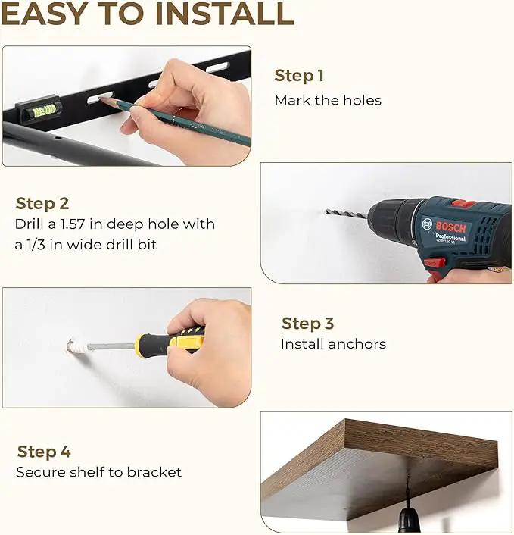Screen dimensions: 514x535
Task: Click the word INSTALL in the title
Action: (x=225, y=14)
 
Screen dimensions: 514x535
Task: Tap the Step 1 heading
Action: (x=299, y=76)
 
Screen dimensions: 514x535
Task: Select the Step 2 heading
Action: (x=42, y=204)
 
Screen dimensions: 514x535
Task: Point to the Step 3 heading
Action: (x=307, y=324)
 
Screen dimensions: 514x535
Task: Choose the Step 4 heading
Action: (x=44, y=452)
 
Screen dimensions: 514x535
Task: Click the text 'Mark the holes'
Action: (x=328, y=100)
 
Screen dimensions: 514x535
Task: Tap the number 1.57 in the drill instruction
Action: (x=72, y=224)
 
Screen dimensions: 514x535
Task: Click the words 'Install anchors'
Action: (x=333, y=344)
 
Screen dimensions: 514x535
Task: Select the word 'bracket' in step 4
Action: (x=154, y=472)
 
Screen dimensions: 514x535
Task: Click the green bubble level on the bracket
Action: (x=45, y=110)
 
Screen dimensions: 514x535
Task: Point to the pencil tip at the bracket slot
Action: (x=100, y=99)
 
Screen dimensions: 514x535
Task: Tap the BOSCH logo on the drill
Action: (x=450, y=227)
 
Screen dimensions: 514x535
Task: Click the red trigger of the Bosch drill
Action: (x=435, y=263)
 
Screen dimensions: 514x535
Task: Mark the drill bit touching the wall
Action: (x=347, y=213)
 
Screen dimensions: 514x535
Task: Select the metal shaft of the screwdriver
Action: (x=111, y=346)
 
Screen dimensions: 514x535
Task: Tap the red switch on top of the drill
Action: (x=464, y=204)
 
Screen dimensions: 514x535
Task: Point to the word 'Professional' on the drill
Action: (x=450, y=236)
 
